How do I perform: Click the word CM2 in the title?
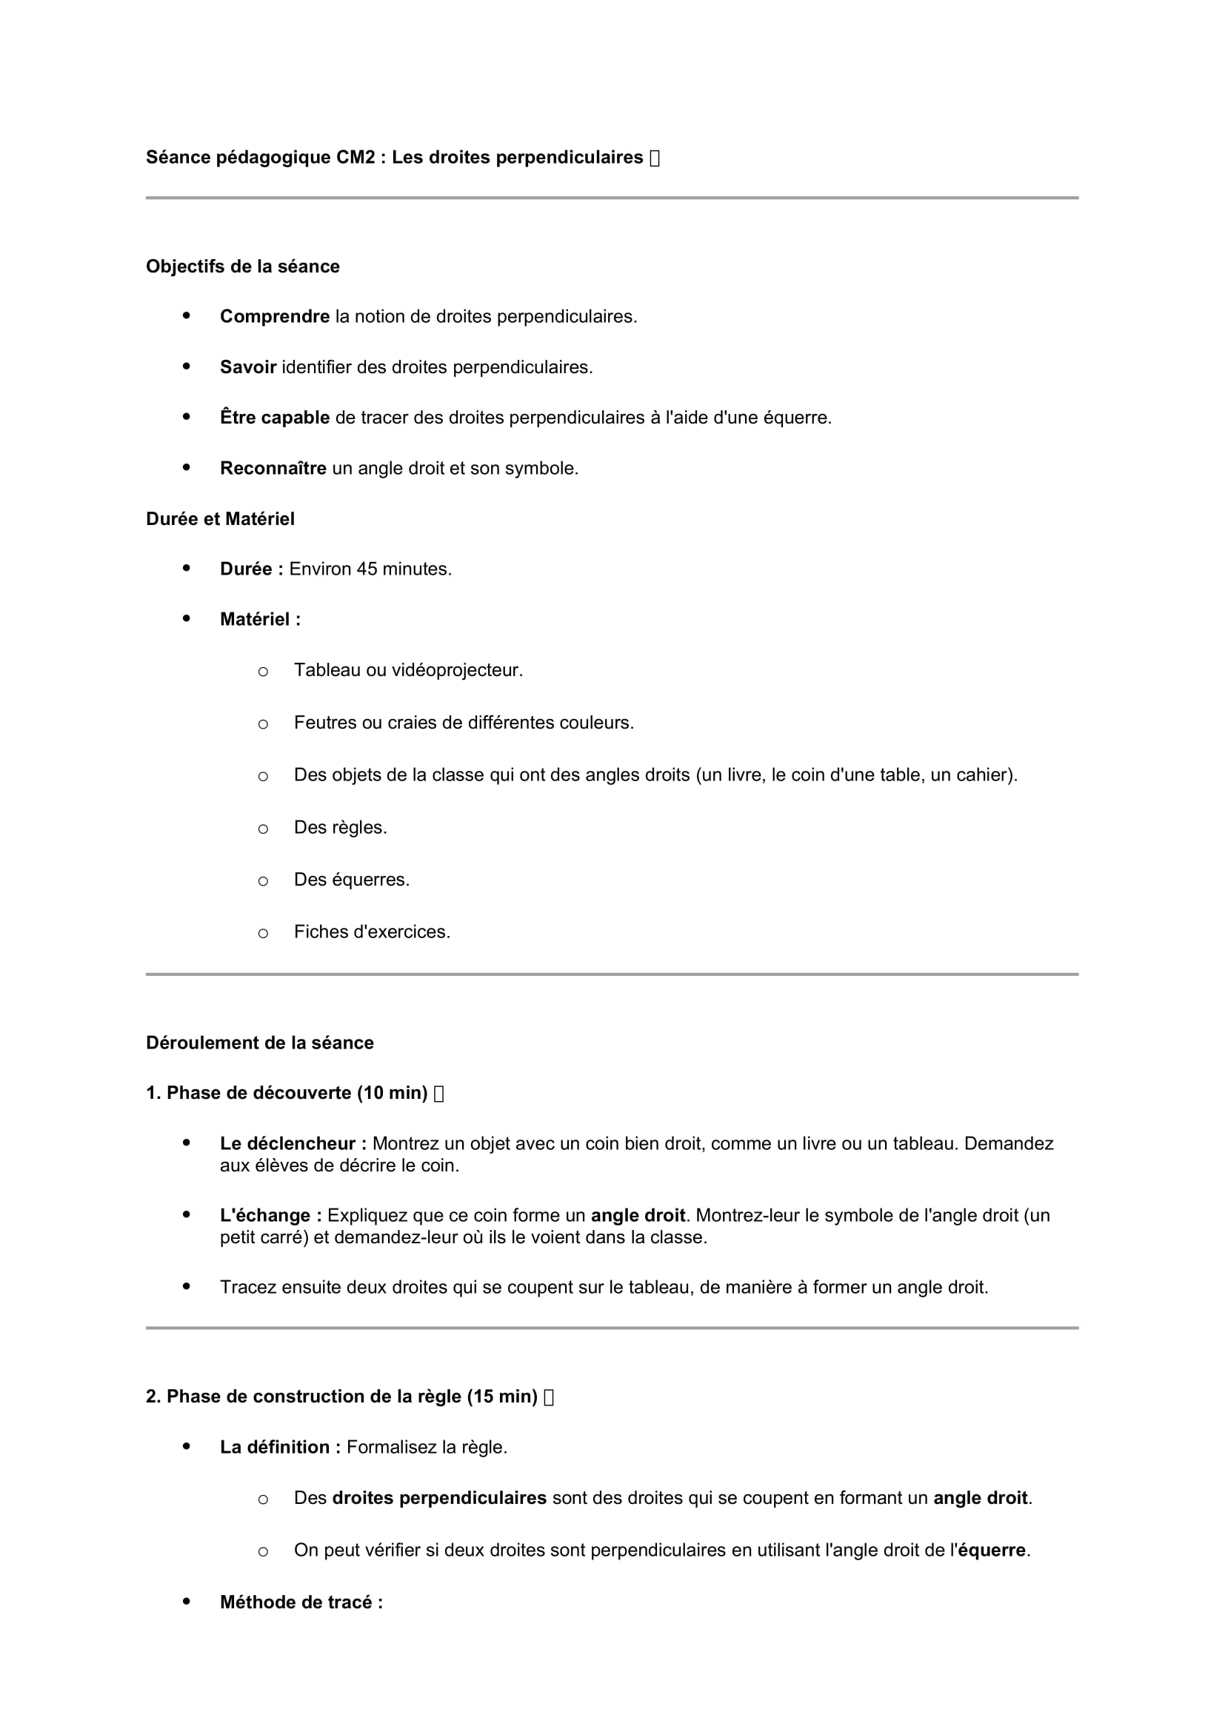point(356,157)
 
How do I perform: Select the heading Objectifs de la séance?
point(242,267)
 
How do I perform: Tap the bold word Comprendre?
point(275,317)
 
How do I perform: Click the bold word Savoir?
point(247,367)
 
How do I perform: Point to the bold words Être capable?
point(275,418)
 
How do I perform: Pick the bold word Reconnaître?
point(273,469)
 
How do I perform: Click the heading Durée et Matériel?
point(219,519)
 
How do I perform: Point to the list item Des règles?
point(340,828)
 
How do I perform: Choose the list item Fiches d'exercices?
point(372,932)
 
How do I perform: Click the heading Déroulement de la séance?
point(259,1043)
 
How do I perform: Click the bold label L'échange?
point(271,1215)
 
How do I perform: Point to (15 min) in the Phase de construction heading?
point(501,1397)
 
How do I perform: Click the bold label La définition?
point(280,1447)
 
